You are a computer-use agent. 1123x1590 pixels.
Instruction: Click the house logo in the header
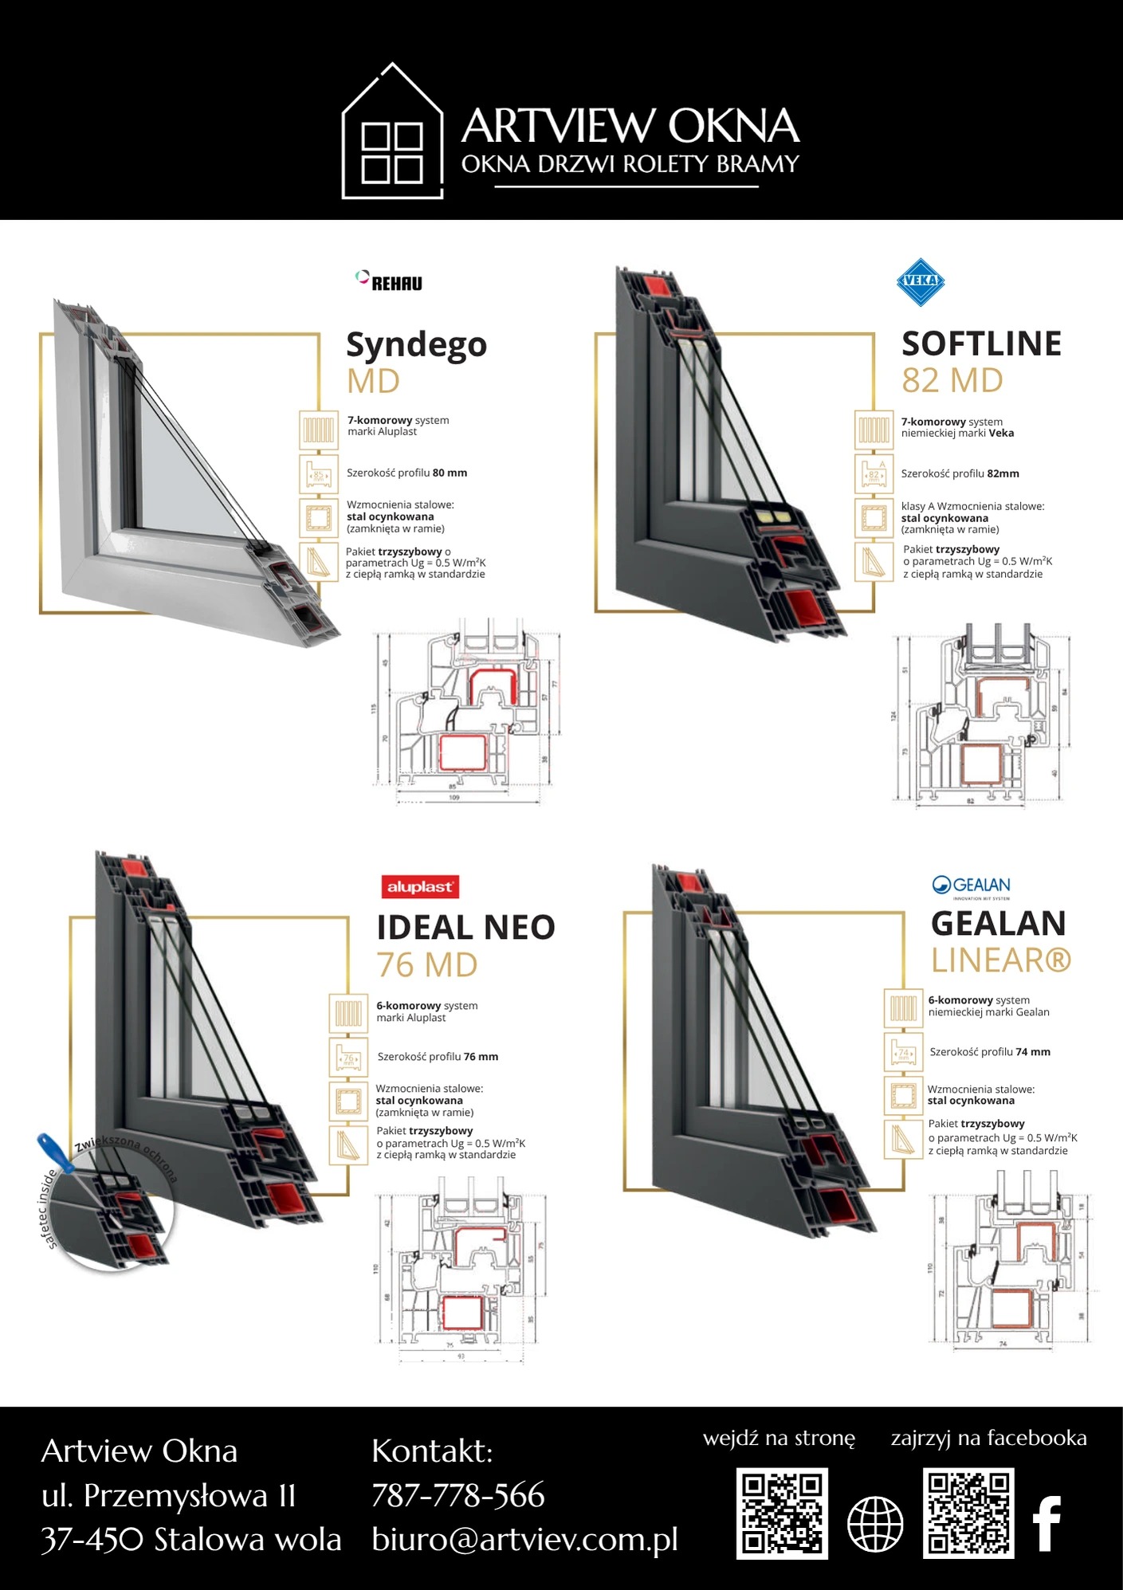392,132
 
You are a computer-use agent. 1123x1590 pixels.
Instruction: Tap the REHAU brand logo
389,281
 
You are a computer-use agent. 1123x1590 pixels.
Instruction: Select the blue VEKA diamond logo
921,281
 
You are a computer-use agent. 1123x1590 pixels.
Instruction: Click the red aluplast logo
419,887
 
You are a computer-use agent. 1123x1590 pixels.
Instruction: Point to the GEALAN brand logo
971,885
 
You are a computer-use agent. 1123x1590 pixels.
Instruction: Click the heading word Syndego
416,345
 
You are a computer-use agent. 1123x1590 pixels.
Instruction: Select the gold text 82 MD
952,381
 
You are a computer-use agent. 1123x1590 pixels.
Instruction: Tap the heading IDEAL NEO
465,928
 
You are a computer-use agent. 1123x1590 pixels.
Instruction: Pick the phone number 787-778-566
458,1495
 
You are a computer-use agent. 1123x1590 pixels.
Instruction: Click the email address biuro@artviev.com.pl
524,1539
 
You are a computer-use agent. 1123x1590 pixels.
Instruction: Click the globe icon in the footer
875,1524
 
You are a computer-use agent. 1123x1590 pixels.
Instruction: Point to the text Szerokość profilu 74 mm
990,1052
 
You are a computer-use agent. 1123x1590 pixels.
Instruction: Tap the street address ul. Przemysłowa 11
169,1496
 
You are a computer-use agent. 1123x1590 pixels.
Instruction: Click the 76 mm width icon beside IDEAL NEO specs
348,1058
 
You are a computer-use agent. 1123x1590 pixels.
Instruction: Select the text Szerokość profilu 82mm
960,473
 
